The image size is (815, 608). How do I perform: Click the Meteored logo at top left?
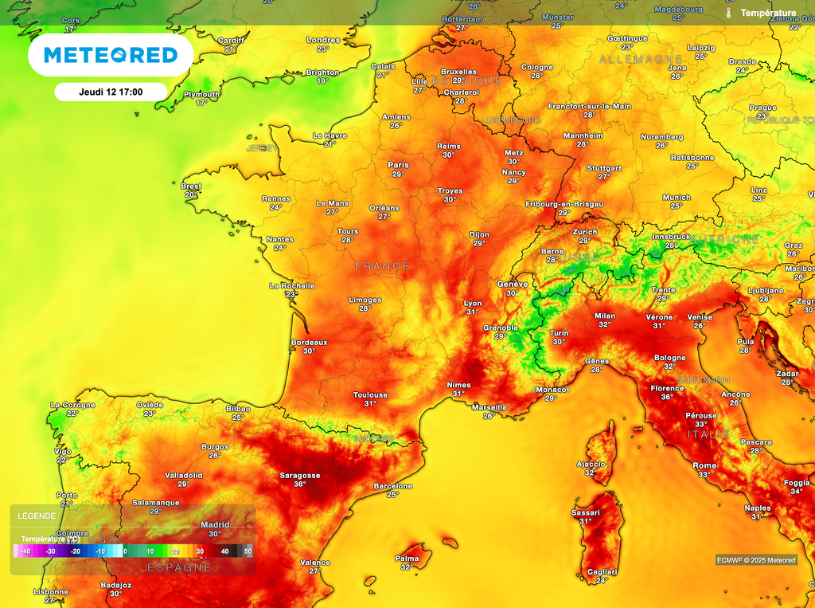click(110, 55)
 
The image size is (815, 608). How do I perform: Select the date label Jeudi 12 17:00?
click(111, 92)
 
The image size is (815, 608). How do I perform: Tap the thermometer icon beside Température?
click(728, 13)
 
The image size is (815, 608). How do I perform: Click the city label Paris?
click(398, 165)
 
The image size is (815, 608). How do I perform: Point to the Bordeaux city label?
click(309, 342)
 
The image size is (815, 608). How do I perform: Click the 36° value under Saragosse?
click(299, 484)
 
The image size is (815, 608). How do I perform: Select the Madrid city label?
click(214, 524)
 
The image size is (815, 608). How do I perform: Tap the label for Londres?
click(323, 40)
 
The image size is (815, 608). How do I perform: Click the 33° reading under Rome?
click(704, 475)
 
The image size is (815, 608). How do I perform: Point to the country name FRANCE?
click(382, 266)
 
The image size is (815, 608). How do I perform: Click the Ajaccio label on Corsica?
click(591, 464)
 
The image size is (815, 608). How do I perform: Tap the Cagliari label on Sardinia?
click(602, 571)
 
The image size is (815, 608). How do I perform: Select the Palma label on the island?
click(407, 559)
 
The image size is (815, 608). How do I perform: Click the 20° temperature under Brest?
click(191, 195)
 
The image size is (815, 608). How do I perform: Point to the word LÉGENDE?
click(37, 516)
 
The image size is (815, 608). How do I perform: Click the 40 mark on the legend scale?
click(224, 551)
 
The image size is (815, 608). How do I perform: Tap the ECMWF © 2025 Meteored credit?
click(755, 560)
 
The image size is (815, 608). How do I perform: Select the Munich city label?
click(677, 197)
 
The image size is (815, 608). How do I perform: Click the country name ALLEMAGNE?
click(641, 60)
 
